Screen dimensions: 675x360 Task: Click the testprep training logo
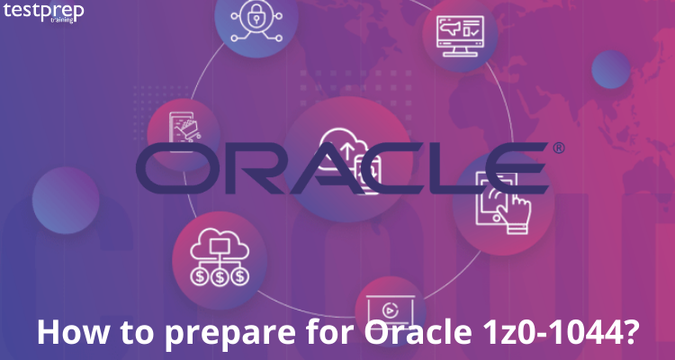pyautogui.click(x=43, y=12)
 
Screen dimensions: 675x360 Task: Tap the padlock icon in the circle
pyautogui.click(x=256, y=21)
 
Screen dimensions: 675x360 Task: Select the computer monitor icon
pyautogui.click(x=460, y=36)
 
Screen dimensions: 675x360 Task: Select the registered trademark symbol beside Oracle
pyautogui.click(x=558, y=148)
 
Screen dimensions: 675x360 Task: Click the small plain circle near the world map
pyautogui.click(x=611, y=69)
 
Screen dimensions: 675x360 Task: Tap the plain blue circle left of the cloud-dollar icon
pyautogui.click(x=66, y=201)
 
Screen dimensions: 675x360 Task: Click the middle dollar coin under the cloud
pyautogui.click(x=220, y=276)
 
